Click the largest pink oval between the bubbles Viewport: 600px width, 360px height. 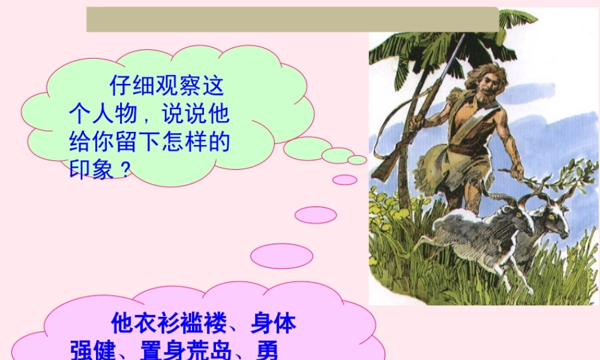point(281,256)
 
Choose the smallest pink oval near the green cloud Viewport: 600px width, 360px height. point(344,179)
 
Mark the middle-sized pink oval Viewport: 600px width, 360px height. point(316,215)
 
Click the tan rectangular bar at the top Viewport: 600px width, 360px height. point(292,19)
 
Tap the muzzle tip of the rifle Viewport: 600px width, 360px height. point(463,36)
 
